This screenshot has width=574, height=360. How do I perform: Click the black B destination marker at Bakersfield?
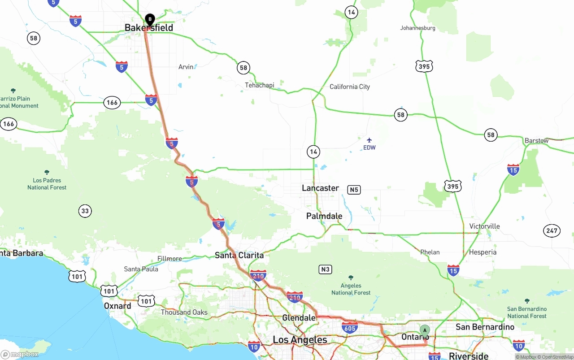click(x=150, y=20)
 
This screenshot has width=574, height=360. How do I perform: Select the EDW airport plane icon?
click(x=369, y=140)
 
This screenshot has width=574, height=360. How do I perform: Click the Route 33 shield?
click(x=85, y=211)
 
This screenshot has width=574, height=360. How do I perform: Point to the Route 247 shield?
click(x=552, y=231)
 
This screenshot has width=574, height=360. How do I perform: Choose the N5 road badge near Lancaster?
click(x=354, y=190)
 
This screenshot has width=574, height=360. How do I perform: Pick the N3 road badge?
click(x=325, y=269)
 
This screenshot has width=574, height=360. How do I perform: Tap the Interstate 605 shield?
click(x=350, y=328)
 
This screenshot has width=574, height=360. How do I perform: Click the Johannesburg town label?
click(x=417, y=28)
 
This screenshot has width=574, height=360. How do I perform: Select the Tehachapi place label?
click(x=259, y=85)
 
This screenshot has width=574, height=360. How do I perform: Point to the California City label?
click(x=349, y=87)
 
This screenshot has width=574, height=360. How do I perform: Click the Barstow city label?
click(x=536, y=141)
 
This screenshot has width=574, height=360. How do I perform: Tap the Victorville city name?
click(x=484, y=226)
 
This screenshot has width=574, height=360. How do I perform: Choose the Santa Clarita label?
click(x=239, y=255)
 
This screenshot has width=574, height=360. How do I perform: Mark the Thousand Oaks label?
click(x=184, y=312)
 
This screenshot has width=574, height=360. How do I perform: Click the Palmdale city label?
click(x=324, y=216)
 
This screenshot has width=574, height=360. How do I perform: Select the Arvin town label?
click(x=186, y=67)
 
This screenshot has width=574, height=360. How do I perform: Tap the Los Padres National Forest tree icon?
click(x=47, y=172)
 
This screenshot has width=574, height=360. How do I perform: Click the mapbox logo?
click(x=20, y=354)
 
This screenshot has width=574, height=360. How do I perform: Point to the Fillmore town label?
click(x=170, y=259)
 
